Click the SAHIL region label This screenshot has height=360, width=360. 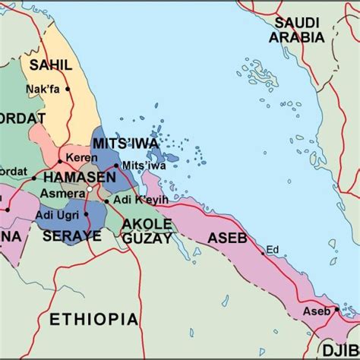point(50,65)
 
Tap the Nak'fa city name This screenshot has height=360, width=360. point(43,88)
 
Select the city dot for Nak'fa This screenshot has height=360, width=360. point(68,89)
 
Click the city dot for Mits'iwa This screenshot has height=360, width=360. point(116,165)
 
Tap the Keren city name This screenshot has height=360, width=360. point(79,157)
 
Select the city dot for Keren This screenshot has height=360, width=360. point(60,162)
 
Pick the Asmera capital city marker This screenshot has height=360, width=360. point(90,188)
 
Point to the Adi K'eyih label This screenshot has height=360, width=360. point(134,201)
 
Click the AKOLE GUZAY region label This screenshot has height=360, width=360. point(148,231)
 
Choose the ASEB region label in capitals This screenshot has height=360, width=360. point(227,238)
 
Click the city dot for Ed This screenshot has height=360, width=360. point(264,253)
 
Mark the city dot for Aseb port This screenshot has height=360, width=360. point(334,310)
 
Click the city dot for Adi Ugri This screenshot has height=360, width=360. point(86,213)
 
